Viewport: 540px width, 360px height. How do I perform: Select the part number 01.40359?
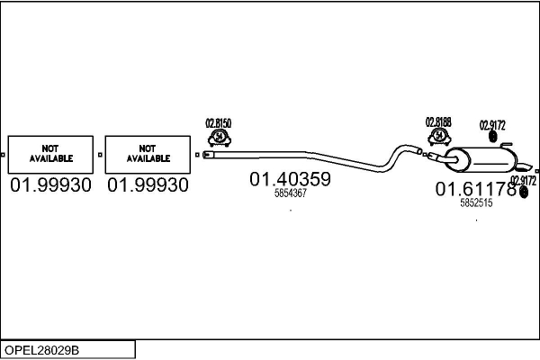coord(290,179)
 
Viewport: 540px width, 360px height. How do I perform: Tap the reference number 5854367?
coord(290,193)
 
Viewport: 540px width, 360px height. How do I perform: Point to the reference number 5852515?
coord(475,203)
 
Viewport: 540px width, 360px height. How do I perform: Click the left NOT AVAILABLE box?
coord(50,154)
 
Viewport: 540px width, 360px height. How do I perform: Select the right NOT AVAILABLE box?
coord(148,154)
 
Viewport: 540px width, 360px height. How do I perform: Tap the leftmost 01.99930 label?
coord(50,185)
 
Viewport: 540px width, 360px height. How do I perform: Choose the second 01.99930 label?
coord(148,185)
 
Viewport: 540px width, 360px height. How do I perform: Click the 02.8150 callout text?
coord(219,122)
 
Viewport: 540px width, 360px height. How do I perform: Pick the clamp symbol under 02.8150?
coord(219,137)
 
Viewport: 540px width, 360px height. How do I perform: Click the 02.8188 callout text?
coord(439,122)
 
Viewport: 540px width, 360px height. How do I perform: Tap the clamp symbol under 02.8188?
coord(439,137)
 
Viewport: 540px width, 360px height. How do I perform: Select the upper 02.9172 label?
coord(492,124)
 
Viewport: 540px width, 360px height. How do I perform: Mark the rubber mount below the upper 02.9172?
coord(491,137)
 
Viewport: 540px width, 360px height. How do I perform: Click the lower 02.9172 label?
coord(523,181)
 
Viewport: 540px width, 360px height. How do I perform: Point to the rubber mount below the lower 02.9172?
coord(524,193)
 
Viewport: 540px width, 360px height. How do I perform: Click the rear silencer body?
coord(481,161)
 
